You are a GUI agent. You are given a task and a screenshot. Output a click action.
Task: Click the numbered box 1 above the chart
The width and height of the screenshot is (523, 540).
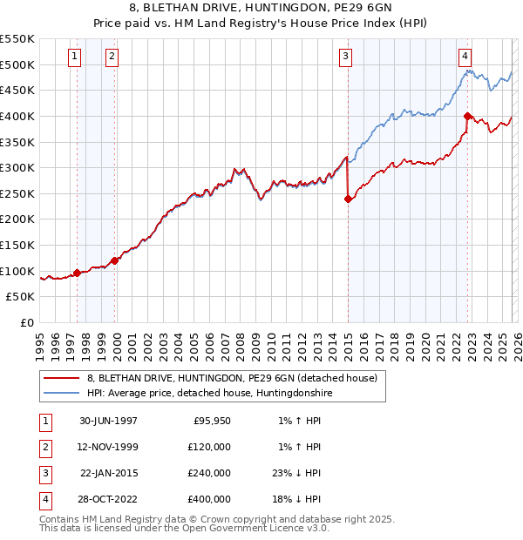point(75,57)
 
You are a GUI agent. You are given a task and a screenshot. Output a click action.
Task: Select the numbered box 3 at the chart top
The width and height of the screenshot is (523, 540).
point(346,57)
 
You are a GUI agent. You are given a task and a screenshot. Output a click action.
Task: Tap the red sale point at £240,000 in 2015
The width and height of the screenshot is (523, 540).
point(348,199)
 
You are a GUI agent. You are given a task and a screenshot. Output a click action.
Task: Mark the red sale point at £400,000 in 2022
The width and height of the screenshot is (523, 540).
point(467,116)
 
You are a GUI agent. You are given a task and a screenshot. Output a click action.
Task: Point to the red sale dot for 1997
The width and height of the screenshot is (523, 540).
point(77,273)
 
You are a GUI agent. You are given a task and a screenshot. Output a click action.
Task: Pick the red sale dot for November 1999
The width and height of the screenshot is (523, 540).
point(115,260)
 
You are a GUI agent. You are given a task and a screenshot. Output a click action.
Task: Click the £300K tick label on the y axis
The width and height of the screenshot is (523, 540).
point(17,167)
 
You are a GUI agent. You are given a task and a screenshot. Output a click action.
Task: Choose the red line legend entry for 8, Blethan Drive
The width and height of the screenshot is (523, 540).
point(232,379)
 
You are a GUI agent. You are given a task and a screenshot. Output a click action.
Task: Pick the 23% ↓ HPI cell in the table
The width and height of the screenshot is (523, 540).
point(297,473)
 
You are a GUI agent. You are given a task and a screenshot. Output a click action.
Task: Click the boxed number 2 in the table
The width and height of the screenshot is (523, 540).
point(44,447)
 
